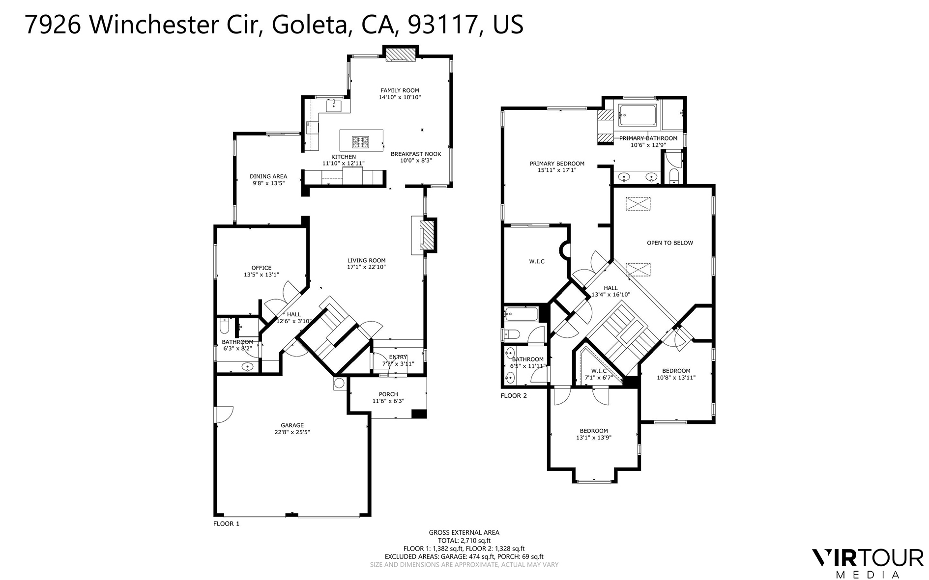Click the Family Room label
[x=400, y=90]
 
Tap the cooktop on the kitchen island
[x=360, y=142]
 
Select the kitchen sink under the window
[x=334, y=105]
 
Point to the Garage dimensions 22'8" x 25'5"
[x=292, y=433]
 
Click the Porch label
[x=388, y=394]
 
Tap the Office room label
[x=261, y=268]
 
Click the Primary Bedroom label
[x=557, y=164]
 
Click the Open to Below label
[x=669, y=243]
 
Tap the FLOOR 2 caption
[x=514, y=395]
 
